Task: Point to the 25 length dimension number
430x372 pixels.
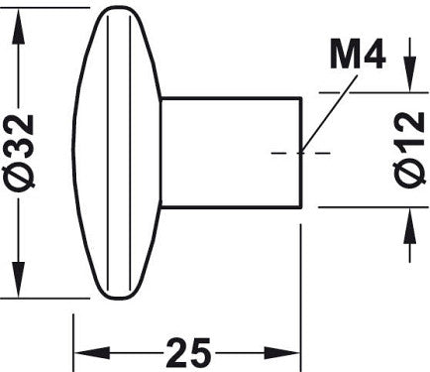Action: (x=188, y=353)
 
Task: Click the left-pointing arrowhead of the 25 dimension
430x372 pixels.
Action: (x=91, y=353)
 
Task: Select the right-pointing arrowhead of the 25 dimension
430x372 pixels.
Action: (x=281, y=353)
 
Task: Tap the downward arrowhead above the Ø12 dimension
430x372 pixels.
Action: (x=410, y=73)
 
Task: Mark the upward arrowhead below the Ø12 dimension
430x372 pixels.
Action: (x=410, y=226)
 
